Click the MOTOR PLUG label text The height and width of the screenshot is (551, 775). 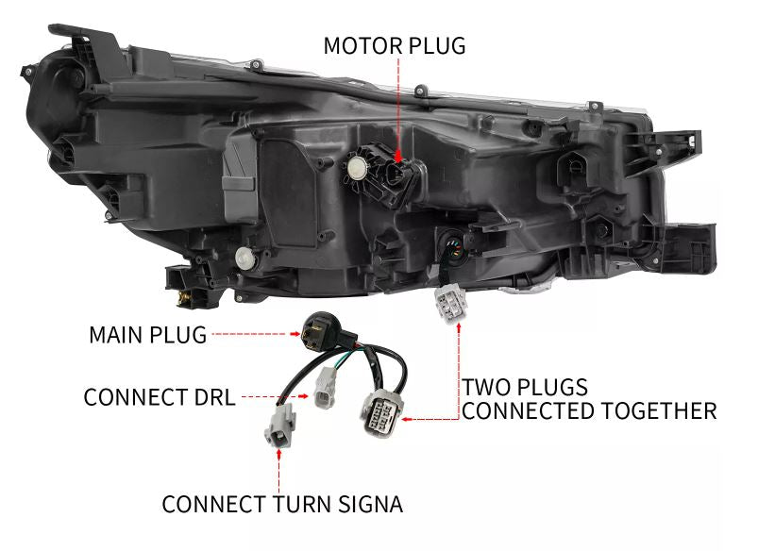(394, 45)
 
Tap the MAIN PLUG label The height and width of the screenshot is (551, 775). (147, 335)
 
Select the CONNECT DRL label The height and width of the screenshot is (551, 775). (159, 397)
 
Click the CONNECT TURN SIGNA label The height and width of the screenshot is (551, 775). (281, 505)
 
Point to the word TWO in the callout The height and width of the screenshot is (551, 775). (484, 388)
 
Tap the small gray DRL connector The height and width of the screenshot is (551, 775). (327, 391)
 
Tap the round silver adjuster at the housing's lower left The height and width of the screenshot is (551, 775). (244, 256)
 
